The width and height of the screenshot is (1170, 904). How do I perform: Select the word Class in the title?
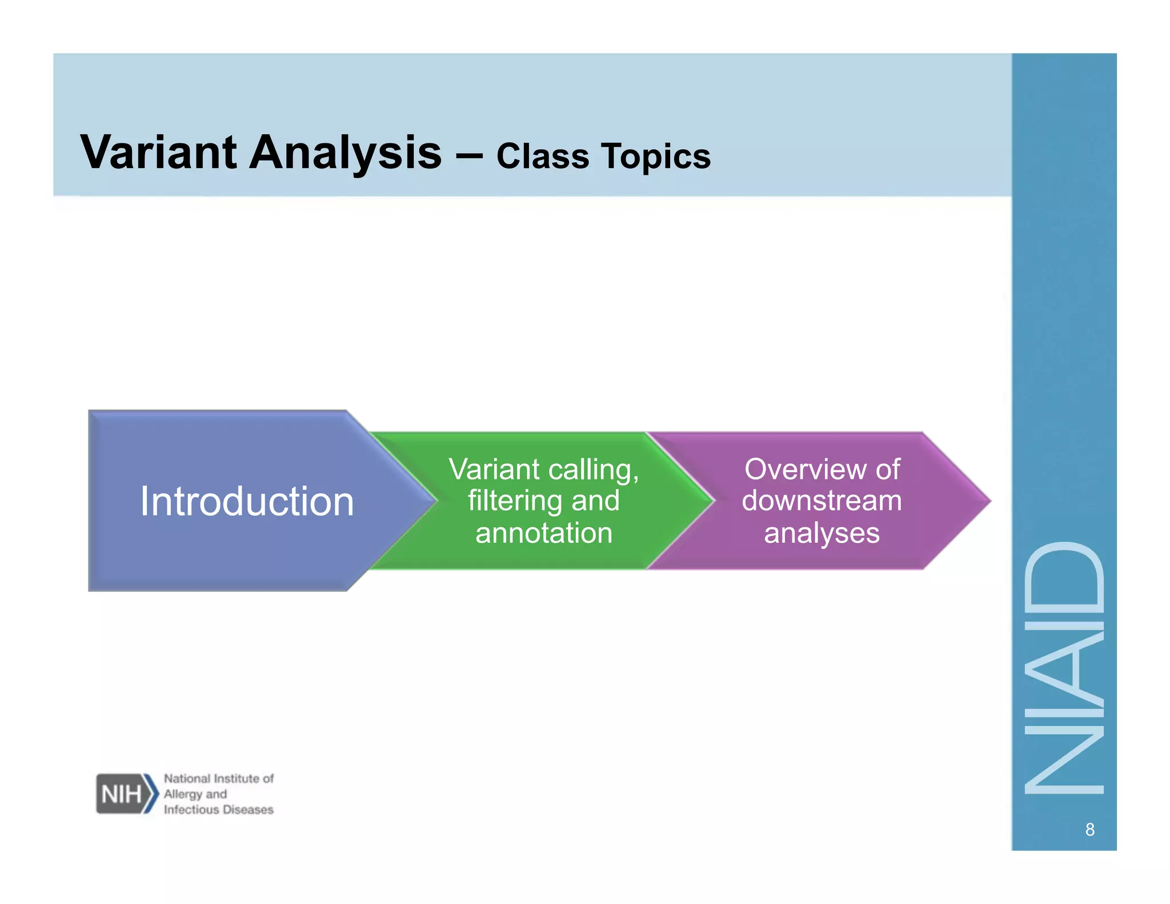(x=542, y=156)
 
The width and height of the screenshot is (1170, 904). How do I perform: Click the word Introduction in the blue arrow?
(x=247, y=502)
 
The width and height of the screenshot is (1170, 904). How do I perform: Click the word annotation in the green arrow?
(x=544, y=533)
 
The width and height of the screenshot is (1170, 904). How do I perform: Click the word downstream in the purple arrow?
(x=822, y=501)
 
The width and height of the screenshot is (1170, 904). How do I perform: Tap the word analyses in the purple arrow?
(x=822, y=533)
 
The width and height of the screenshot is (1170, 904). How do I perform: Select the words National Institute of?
(x=219, y=778)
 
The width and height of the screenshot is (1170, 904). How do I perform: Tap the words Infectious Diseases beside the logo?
(x=219, y=809)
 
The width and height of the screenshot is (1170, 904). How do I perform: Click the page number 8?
(x=1089, y=830)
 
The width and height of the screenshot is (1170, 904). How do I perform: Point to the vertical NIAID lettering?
(x=1064, y=669)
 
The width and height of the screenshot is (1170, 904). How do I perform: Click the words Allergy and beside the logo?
(x=195, y=794)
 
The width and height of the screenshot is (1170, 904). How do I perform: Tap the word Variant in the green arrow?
(x=494, y=470)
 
